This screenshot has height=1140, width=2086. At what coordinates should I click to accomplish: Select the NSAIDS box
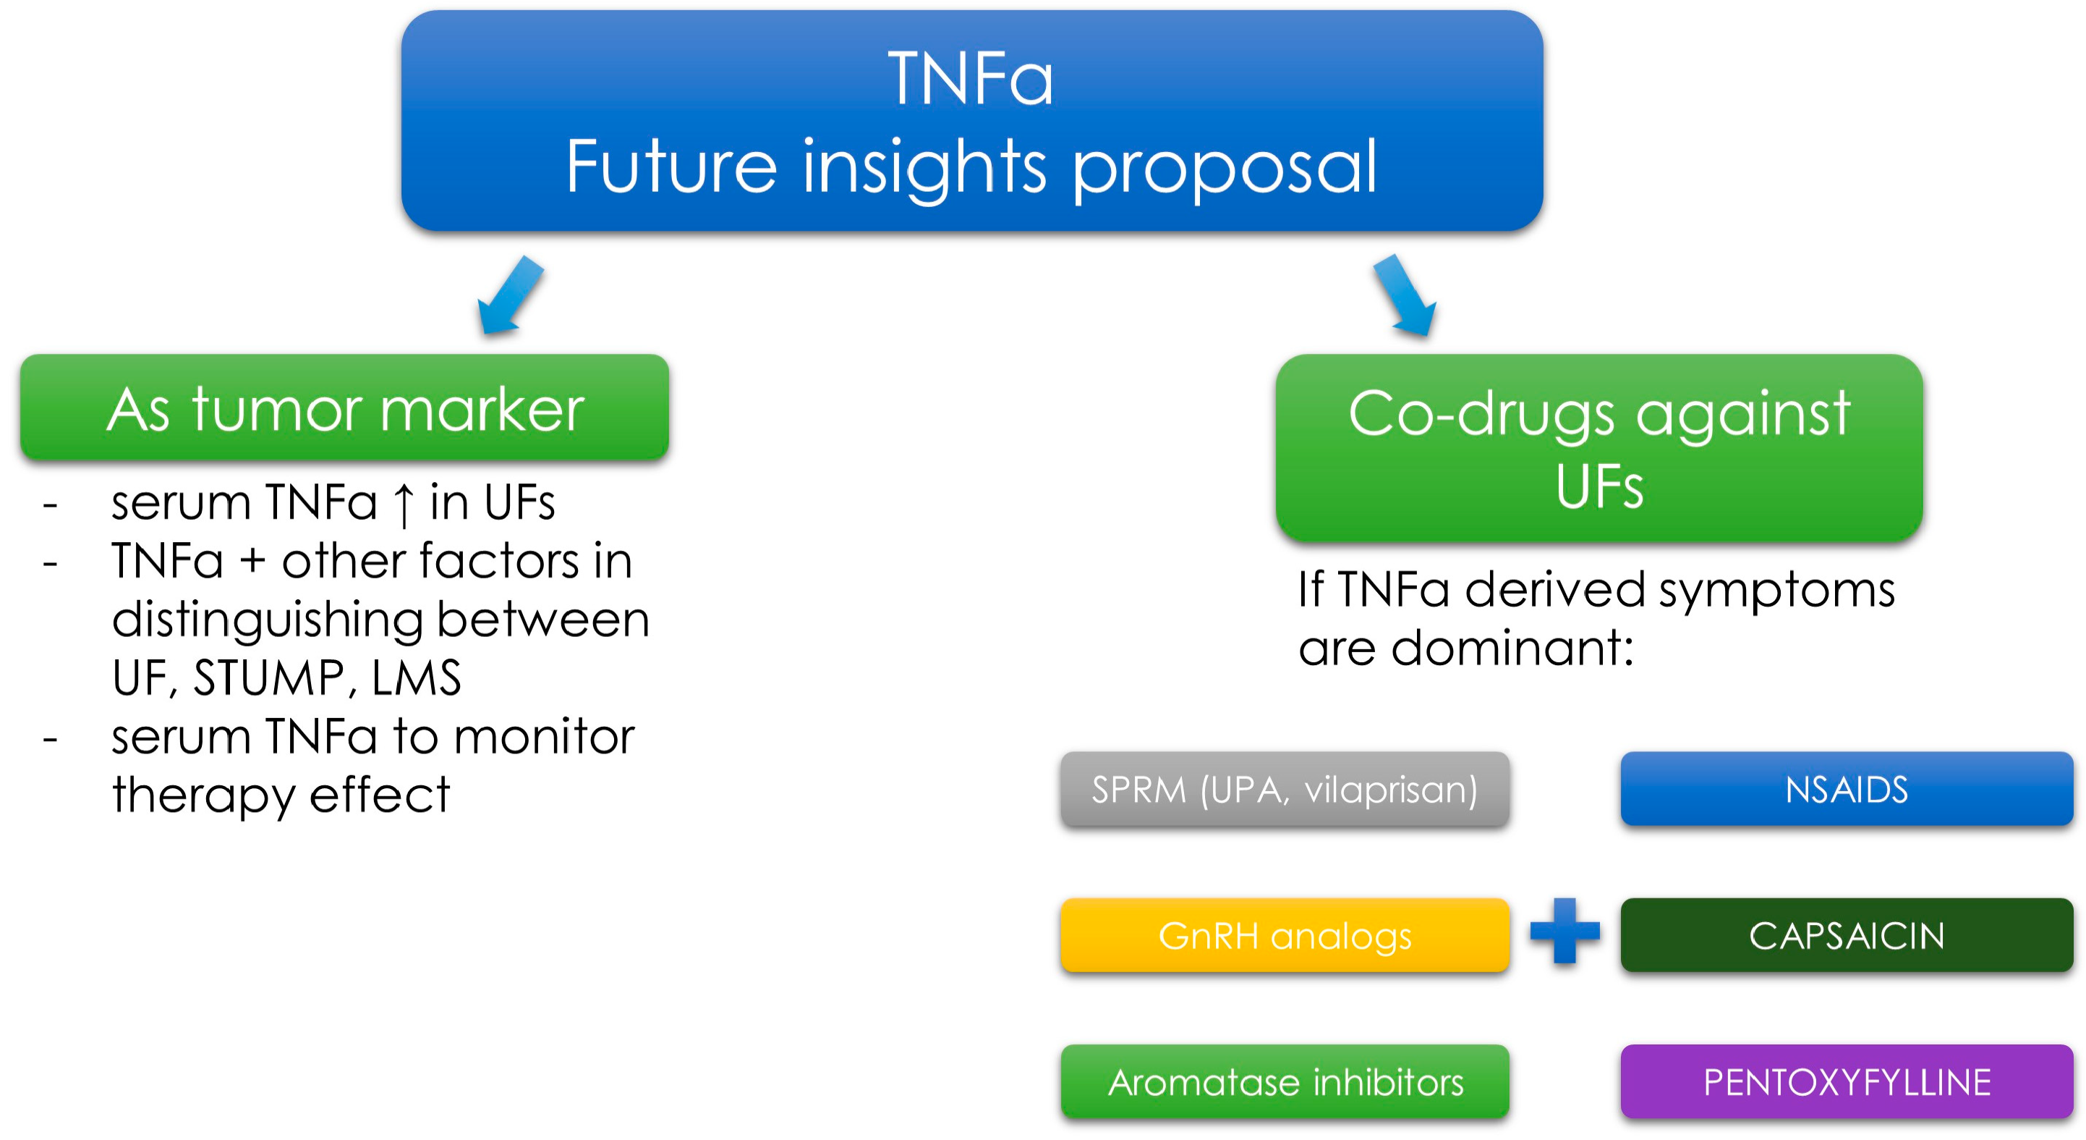(x=1847, y=789)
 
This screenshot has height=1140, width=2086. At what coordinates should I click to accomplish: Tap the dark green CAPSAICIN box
(x=1847, y=935)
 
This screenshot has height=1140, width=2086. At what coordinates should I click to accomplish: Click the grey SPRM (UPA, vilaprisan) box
(x=1285, y=789)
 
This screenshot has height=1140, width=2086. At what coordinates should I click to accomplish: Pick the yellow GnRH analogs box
(x=1285, y=935)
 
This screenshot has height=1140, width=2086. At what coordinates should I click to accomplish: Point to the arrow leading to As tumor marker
(x=510, y=295)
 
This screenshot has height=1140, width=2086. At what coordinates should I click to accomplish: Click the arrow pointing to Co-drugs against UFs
(x=1405, y=295)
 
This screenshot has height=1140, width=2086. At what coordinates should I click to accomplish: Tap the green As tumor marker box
(x=344, y=408)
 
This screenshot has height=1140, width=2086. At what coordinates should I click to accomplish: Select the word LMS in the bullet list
(x=415, y=677)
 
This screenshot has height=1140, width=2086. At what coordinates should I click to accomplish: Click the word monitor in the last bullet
(x=543, y=738)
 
